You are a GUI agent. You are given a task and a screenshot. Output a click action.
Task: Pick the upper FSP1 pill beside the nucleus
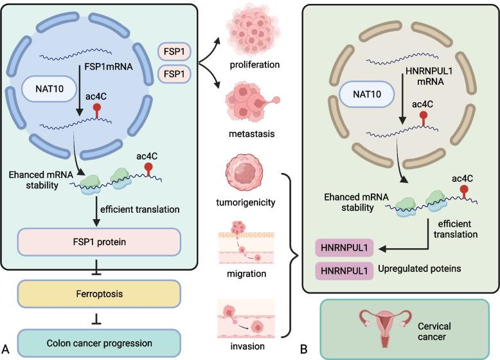pyautogui.click(x=177, y=50)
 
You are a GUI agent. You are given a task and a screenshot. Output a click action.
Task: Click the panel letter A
pyautogui.click(x=6, y=350)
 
